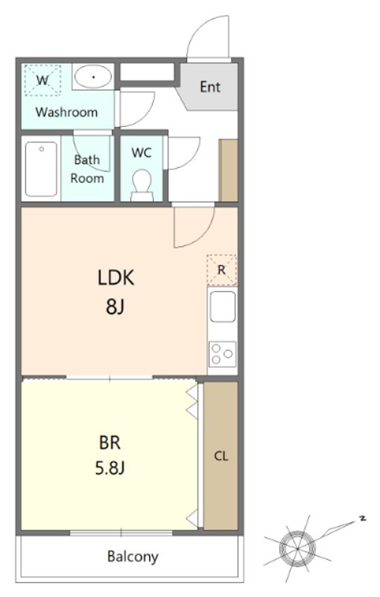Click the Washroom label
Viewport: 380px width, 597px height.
pyautogui.click(x=66, y=112)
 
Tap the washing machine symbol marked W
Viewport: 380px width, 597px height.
pyautogui.click(x=42, y=81)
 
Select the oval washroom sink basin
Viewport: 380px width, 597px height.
pyautogui.click(x=93, y=76)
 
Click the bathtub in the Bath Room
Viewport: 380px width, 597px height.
pyautogui.click(x=41, y=169)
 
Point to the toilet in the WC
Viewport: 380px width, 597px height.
pyautogui.click(x=142, y=186)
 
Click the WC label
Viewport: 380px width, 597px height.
pyautogui.click(x=142, y=153)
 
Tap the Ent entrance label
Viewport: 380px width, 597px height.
pyautogui.click(x=210, y=87)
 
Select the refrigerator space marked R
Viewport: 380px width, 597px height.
pyautogui.click(x=221, y=270)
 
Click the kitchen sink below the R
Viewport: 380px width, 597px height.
pyautogui.click(x=223, y=307)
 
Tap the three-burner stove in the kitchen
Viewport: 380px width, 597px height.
pyautogui.click(x=222, y=354)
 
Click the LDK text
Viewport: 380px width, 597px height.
pyautogui.click(x=116, y=278)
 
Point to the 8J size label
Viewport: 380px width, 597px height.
pyautogui.click(x=115, y=307)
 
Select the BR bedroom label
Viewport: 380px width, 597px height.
pyautogui.click(x=110, y=443)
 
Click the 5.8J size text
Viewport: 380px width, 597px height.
pyautogui.click(x=110, y=468)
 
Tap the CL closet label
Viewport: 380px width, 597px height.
pyautogui.click(x=221, y=456)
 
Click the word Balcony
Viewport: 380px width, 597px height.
pyautogui.click(x=133, y=557)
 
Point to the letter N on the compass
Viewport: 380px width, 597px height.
pyautogui.click(x=363, y=518)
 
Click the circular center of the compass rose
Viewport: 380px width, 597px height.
pyautogui.click(x=297, y=548)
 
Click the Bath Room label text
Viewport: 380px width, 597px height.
pyautogui.click(x=87, y=169)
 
